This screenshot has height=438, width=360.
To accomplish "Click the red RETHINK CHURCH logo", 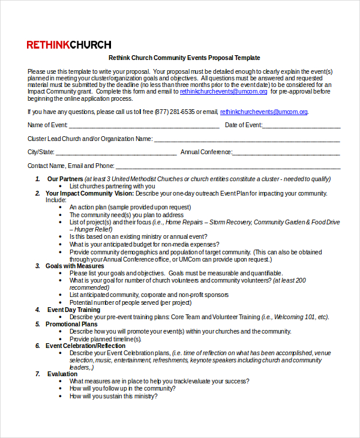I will coord(69,44).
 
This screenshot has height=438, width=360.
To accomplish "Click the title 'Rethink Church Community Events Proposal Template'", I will coord(184,58).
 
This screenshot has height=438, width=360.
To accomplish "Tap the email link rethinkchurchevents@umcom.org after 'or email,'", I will coord(263,112).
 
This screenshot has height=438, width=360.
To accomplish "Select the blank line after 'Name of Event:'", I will coord(144,126).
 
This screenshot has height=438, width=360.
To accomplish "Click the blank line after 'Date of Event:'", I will coord(301,126).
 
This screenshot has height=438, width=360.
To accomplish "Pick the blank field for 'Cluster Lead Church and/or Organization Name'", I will coord(247,140).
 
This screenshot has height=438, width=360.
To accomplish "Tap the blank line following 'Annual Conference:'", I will coord(286,153).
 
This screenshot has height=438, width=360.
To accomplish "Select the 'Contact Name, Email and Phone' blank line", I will coord(228,167).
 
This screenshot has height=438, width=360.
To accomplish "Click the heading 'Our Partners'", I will coord(65,179).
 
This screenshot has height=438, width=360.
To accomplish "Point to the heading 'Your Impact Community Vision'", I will coord(89,193).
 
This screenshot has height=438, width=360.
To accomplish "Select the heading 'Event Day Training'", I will coord(74,310).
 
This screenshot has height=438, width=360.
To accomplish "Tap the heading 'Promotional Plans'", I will coord(71,324).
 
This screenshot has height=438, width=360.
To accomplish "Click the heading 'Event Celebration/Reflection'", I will coord(86,346).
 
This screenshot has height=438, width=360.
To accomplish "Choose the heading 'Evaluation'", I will coord(62,374).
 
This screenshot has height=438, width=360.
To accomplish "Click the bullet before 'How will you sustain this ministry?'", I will coord(61,396).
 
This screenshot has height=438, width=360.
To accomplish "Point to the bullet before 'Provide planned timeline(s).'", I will coord(61,339).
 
